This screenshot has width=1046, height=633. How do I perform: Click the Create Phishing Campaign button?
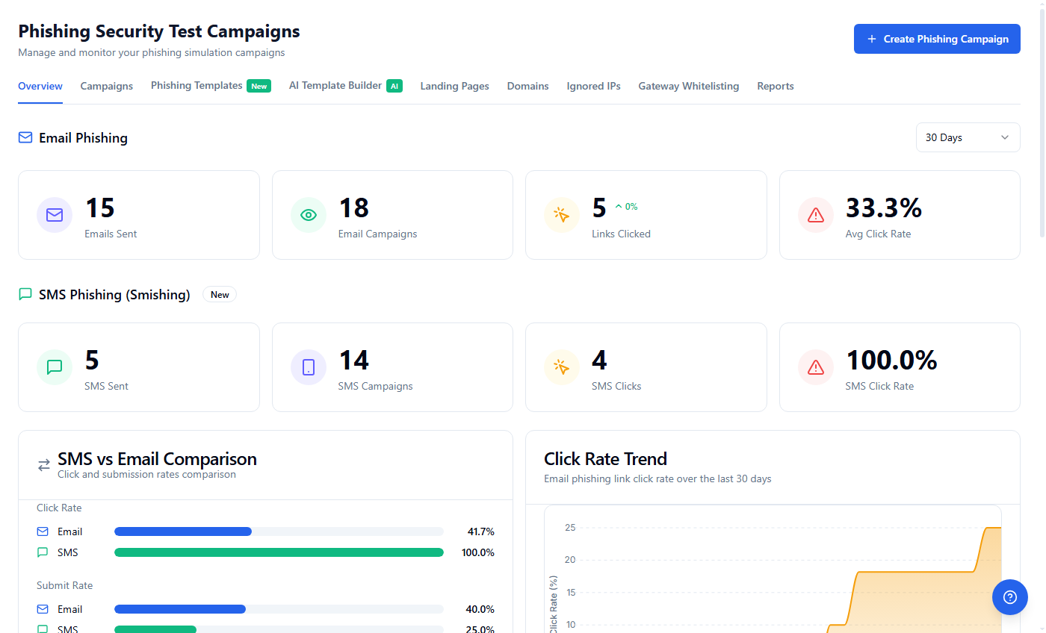(937, 39)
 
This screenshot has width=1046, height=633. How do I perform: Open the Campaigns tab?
(107, 86)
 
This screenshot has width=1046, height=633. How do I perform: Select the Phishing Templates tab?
(196, 86)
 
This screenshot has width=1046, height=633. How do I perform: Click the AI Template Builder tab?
(335, 86)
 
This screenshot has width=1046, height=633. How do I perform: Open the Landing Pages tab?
(454, 86)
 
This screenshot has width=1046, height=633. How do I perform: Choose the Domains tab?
(527, 86)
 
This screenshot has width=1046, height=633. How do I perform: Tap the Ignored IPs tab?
(593, 86)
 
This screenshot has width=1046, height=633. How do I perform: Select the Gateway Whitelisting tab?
(688, 86)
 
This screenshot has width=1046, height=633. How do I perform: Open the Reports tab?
(775, 86)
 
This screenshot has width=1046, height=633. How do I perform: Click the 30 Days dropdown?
(968, 137)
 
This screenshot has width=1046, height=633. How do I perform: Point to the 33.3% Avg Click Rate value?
(883, 208)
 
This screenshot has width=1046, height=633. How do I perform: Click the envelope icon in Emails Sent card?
(55, 215)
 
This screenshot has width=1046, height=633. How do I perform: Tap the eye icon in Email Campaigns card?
(309, 215)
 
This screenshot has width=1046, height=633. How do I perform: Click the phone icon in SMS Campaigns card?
(309, 367)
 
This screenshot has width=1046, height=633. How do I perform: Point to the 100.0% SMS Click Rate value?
(891, 361)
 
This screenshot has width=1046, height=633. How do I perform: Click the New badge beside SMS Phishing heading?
(220, 295)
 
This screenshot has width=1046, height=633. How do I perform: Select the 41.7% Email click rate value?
(480, 531)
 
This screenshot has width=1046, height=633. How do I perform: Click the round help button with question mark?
(1010, 597)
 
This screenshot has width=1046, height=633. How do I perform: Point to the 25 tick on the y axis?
(570, 528)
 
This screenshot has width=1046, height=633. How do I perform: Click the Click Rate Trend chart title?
(605, 459)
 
